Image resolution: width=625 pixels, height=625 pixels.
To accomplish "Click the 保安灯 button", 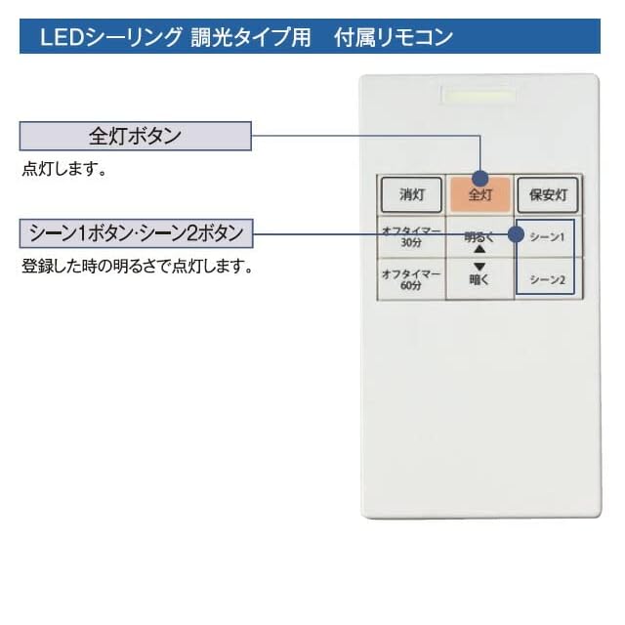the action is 548,194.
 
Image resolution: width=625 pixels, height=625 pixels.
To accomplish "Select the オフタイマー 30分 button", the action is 411,236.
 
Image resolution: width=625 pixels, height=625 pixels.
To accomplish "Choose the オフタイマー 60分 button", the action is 411,280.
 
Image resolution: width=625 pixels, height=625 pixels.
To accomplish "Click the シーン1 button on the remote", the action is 548,236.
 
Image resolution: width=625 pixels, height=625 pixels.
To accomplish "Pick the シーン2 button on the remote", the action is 548,280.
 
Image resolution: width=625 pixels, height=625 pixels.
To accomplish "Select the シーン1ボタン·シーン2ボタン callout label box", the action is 136,234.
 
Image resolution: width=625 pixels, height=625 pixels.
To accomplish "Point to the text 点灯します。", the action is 63,169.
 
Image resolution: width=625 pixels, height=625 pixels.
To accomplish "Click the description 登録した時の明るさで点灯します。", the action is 137,266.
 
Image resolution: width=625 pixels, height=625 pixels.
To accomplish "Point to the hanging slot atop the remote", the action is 479,96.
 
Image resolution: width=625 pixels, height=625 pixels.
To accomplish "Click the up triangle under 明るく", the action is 479,249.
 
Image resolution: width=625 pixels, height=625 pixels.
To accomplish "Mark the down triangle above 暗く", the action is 479,266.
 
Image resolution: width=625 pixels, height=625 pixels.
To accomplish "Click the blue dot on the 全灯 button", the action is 479,178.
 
